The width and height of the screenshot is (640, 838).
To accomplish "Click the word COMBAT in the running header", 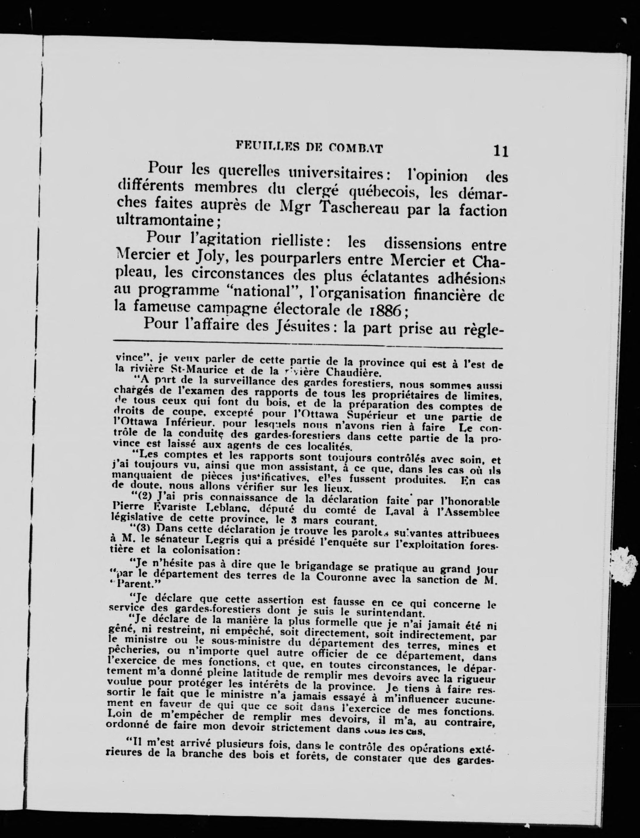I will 356,147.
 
